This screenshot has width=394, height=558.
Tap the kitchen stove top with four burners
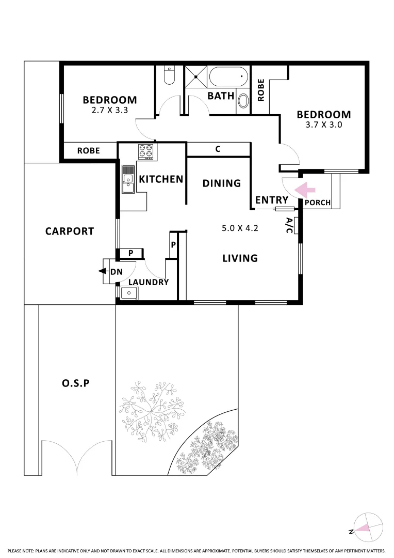pyautogui.click(x=145, y=152)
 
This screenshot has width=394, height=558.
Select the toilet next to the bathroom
pyautogui.click(x=169, y=76)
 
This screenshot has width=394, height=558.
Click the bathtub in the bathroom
pyautogui.click(x=229, y=78)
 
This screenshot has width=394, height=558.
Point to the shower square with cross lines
pyautogui.click(x=195, y=77)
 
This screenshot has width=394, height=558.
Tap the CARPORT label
pyautogui.click(x=70, y=231)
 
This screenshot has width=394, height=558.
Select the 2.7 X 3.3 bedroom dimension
pyautogui.click(x=109, y=110)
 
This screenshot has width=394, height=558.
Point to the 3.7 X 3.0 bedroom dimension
pyautogui.click(x=323, y=125)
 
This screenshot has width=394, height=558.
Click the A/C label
pyautogui.click(x=289, y=226)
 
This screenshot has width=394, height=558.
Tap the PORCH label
pyautogui.click(x=317, y=203)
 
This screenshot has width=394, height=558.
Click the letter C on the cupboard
pyautogui.click(x=218, y=149)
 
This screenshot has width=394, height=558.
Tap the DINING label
pyautogui.click(x=221, y=183)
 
